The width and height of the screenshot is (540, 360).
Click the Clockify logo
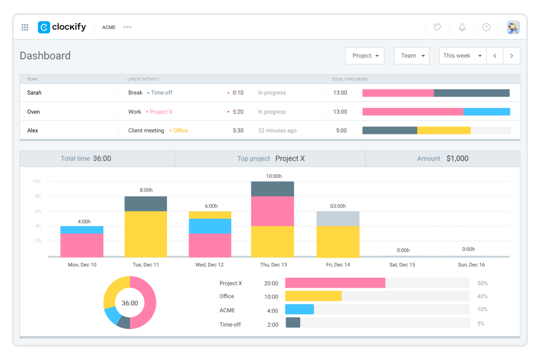pyautogui.click(x=62, y=27)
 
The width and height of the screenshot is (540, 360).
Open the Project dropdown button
pyautogui.click(x=364, y=56)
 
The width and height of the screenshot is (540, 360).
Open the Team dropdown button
pyautogui.click(x=411, y=56)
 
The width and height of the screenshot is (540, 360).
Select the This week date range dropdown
pyautogui.click(x=462, y=56)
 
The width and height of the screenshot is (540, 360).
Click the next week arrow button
pyautogui.click(x=511, y=56)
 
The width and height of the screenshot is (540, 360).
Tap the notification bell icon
pyautogui.click(x=462, y=27)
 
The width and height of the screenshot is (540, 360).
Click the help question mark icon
pyautogui.click(x=486, y=27)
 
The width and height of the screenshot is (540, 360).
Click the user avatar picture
pyautogui.click(x=513, y=27)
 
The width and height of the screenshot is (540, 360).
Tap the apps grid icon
pyautogui.click(x=25, y=27)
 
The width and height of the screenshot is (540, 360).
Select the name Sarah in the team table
pyautogui.click(x=34, y=93)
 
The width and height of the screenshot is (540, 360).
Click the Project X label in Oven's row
pyautogui.click(x=161, y=112)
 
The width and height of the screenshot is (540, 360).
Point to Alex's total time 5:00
pyautogui.click(x=341, y=131)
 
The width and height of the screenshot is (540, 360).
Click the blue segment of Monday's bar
pyautogui.click(x=82, y=230)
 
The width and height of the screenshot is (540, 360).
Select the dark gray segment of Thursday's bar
pyautogui.click(x=272, y=189)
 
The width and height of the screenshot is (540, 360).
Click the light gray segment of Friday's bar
pyautogui.click(x=337, y=218)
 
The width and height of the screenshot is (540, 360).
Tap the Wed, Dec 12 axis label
pyautogui.click(x=209, y=265)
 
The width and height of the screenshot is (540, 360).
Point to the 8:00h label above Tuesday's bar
pyautogui.click(x=146, y=190)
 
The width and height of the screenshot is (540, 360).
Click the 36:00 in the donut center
pyautogui.click(x=130, y=303)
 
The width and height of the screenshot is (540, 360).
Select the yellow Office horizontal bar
pyautogui.click(x=313, y=296)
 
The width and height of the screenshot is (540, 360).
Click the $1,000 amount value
pyautogui.click(x=457, y=159)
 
